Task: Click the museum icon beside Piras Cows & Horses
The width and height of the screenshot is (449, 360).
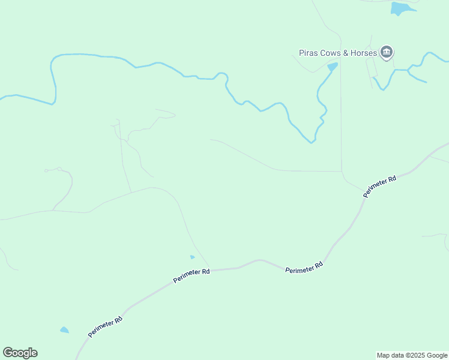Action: click(387, 53)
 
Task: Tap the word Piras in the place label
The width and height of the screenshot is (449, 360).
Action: click(310, 53)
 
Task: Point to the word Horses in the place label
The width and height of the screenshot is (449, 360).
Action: click(363, 53)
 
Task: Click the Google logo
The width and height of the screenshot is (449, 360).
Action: click(20, 353)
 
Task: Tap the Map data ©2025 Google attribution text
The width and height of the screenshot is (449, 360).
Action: click(412, 355)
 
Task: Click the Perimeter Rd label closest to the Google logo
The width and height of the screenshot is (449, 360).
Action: click(105, 327)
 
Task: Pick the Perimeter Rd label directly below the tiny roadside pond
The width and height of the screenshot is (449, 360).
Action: click(191, 276)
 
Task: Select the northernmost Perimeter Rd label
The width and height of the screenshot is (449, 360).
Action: click(380, 187)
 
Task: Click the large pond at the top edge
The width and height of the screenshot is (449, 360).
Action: click(400, 8)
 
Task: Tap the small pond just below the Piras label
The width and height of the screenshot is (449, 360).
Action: click(332, 66)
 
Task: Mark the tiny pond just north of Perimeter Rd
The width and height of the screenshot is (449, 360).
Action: click(192, 257)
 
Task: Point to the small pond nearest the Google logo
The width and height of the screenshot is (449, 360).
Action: click(64, 330)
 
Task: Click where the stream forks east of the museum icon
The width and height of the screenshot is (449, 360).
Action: click(408, 71)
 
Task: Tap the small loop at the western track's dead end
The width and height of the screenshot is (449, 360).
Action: click(46, 170)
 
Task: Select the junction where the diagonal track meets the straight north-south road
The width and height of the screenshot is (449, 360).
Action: click(342, 171)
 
